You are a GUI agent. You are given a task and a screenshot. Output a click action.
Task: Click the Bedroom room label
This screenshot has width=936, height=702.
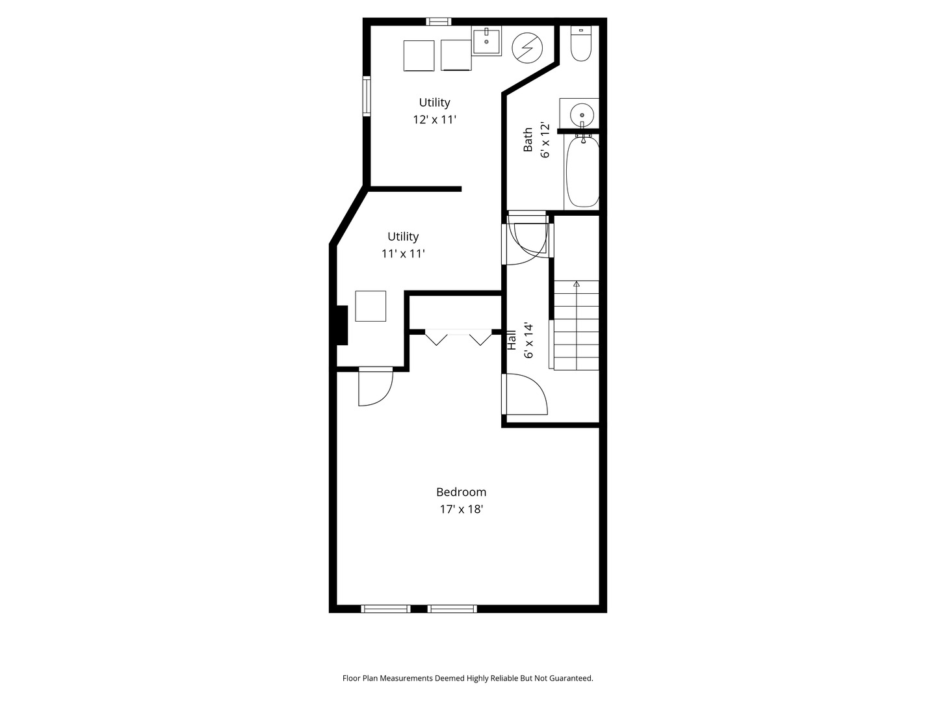click(461, 492)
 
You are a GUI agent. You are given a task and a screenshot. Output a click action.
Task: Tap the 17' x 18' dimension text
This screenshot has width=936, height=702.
click(461, 509)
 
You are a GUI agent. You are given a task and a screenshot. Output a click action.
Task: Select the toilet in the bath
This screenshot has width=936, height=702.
click(581, 44)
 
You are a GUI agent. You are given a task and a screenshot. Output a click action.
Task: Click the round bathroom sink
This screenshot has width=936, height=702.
click(582, 114)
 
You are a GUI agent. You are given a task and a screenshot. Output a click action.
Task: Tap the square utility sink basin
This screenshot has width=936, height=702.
click(486, 42)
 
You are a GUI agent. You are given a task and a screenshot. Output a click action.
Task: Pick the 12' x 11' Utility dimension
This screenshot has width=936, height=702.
click(435, 120)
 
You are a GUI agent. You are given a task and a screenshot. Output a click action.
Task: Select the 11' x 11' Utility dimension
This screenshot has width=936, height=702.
click(403, 254)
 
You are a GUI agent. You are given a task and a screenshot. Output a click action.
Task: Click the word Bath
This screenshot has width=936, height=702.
click(528, 139)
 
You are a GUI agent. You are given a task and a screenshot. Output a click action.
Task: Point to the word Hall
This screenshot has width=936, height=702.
click(512, 340)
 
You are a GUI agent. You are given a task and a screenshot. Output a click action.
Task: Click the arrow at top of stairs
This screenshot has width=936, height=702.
click(577, 284)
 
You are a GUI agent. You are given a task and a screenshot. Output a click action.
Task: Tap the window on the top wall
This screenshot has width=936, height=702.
click(438, 21)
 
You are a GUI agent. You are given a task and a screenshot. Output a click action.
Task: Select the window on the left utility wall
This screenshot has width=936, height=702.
click(367, 96)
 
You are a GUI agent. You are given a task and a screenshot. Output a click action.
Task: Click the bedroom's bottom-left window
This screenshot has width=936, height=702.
click(385, 608)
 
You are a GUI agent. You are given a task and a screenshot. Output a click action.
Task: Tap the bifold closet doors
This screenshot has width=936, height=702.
click(458, 337)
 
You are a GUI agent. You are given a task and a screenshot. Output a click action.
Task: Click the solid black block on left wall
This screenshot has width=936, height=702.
click(342, 325)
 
